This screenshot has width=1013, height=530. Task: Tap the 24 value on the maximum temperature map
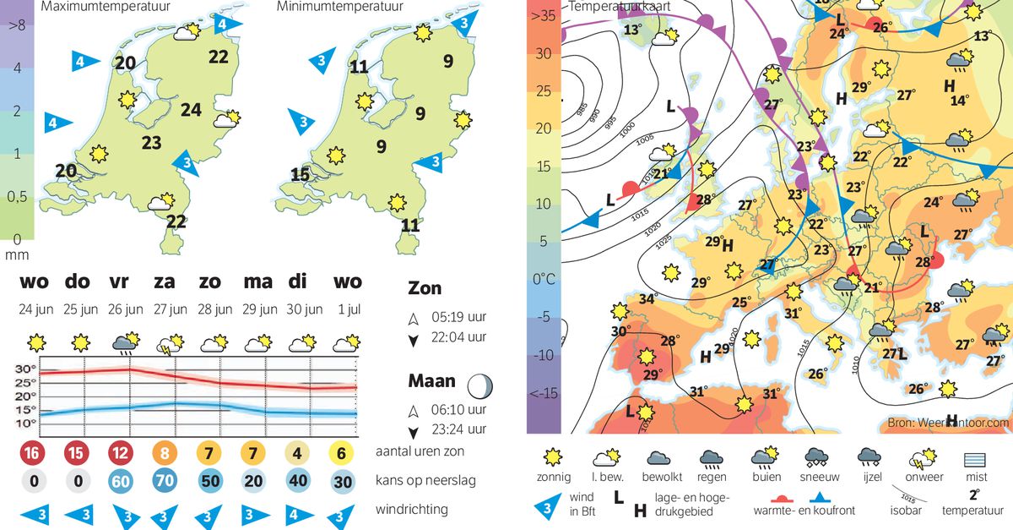pyautogui.click(x=191, y=109)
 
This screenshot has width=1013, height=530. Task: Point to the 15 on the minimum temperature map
pyautogui.click(x=300, y=175)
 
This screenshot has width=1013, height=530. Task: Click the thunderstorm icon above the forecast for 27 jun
pyautogui.click(x=167, y=344)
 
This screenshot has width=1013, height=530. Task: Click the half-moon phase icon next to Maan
pyautogui.click(x=481, y=387)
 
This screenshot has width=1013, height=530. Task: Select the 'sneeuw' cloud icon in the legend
pyautogui.click(x=815, y=460)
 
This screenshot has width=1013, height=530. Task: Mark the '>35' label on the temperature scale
pyautogui.click(x=542, y=15)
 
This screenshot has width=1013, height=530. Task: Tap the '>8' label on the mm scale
pyautogui.click(x=16, y=25)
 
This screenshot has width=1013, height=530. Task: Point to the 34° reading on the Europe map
pyautogui.click(x=647, y=298)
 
